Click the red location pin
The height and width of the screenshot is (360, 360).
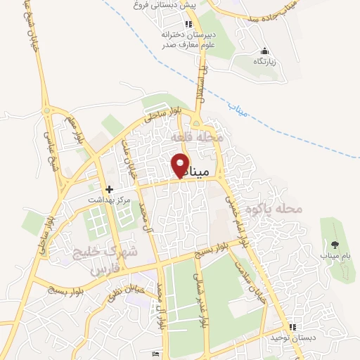(x=180, y=165)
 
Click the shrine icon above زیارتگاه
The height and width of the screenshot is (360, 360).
(x=264, y=51)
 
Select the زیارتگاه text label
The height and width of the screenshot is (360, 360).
(x=264, y=62)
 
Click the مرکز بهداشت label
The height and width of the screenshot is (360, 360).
(x=109, y=200)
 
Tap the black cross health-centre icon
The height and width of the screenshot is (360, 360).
(x=109, y=189)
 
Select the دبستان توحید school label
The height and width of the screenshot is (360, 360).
(x=292, y=338)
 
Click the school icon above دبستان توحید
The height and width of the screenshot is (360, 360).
(x=292, y=327)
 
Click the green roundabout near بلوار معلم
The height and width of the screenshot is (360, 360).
(x=47, y=110)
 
